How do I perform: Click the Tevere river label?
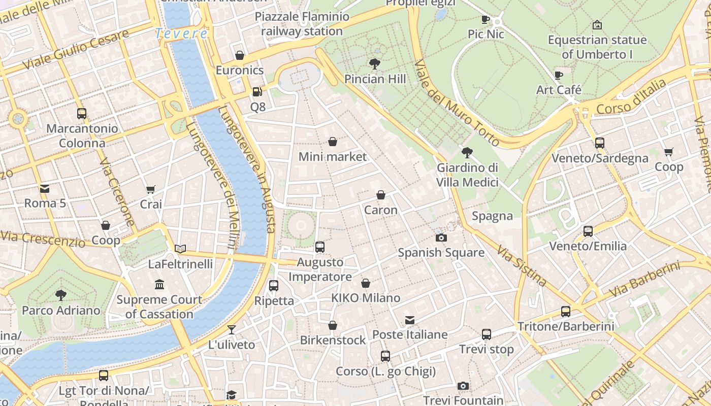(181, 33)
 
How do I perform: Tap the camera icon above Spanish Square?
(441, 238)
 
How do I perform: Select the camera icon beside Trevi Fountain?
(463, 386)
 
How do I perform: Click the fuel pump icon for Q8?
(257, 92)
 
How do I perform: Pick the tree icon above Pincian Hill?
(375, 64)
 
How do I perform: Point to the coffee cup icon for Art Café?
(559, 75)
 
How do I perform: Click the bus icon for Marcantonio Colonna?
(82, 114)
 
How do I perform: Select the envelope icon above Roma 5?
(45, 189)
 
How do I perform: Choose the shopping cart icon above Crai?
(151, 190)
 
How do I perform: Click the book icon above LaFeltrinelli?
(180, 249)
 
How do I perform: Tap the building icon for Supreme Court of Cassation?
(159, 284)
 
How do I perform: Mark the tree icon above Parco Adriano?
(61, 295)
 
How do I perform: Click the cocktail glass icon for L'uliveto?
(232, 329)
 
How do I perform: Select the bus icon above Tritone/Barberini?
(566, 312)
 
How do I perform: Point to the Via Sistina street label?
(522, 266)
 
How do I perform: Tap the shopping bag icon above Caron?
(381, 195)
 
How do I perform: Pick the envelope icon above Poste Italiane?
(410, 320)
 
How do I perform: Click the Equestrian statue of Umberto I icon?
(597, 25)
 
